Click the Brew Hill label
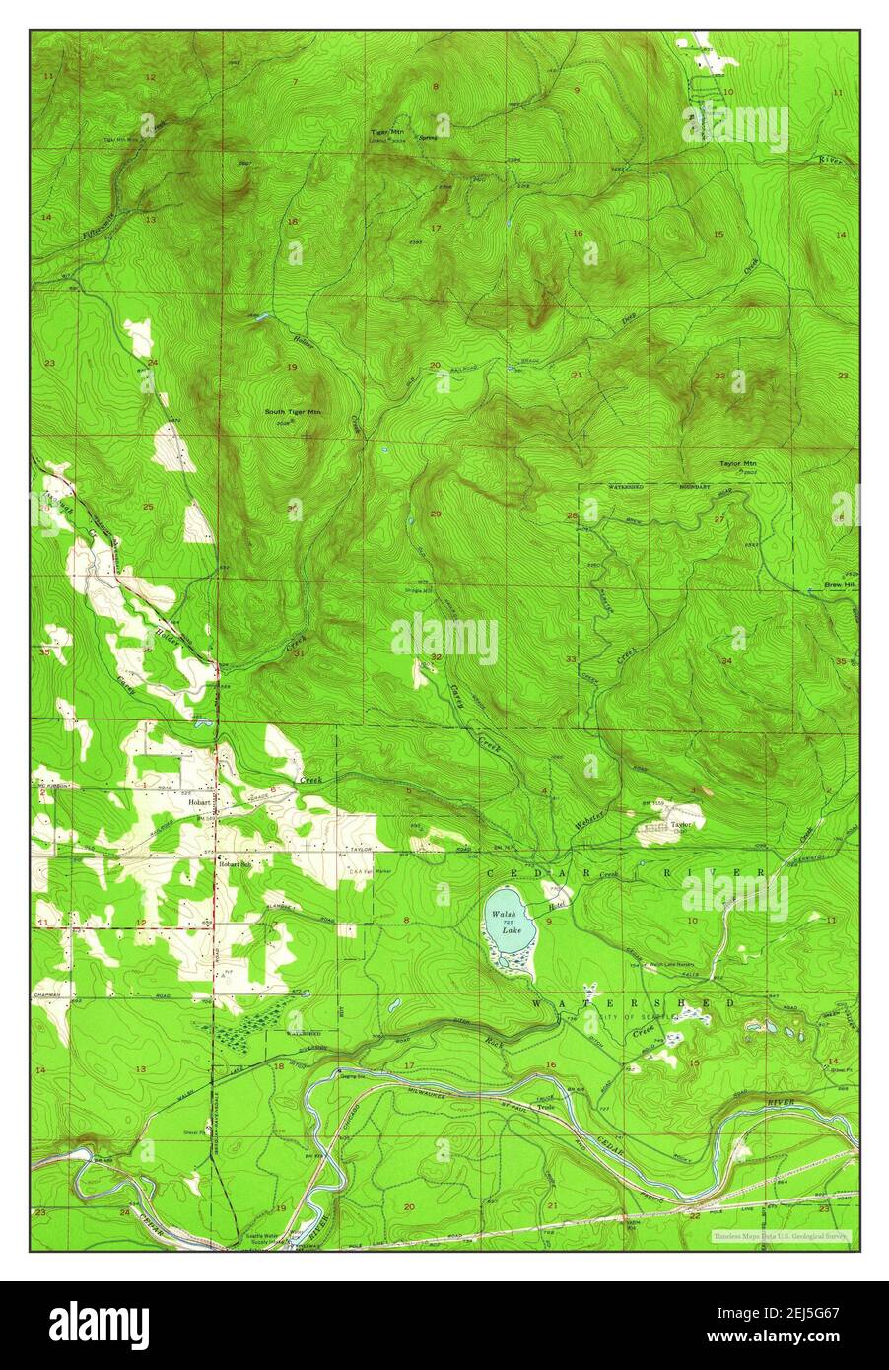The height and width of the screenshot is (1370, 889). pos(840,585)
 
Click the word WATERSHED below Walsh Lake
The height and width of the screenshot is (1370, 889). pos(635,1002)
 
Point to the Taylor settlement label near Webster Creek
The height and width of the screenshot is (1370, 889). pos(681,823)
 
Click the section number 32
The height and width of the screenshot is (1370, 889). pos(435,657)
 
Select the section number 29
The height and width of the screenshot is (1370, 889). pos(435,514)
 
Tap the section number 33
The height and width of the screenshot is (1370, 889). pos(571,658)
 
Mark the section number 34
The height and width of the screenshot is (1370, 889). pos(726,660)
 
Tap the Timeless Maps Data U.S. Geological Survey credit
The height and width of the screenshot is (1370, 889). pos(781,1234)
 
